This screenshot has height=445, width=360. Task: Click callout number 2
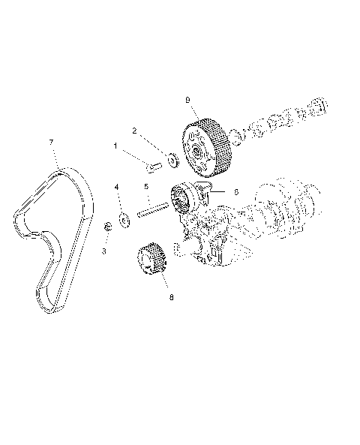click(x=135, y=131)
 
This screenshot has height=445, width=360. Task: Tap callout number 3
click(x=104, y=251)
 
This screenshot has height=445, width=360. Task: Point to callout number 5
click(x=147, y=187)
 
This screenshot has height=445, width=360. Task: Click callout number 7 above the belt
click(x=50, y=142)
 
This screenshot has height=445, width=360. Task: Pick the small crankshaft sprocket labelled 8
click(x=152, y=263)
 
